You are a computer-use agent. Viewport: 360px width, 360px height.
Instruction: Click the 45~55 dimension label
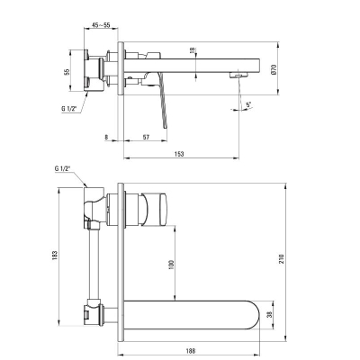[101, 25]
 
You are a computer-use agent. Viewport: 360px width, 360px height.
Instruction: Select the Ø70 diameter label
[274, 69]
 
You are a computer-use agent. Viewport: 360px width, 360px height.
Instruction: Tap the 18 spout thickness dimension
[193, 50]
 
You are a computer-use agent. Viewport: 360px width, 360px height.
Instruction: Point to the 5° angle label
[248, 105]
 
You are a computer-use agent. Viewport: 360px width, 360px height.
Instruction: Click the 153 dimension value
[179, 154]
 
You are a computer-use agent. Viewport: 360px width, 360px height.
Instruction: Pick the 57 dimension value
[146, 138]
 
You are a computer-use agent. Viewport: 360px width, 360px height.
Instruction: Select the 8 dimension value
[106, 138]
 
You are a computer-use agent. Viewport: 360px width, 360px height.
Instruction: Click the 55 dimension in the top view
[67, 72]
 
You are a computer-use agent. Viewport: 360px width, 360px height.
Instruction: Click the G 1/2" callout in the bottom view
[62, 168]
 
